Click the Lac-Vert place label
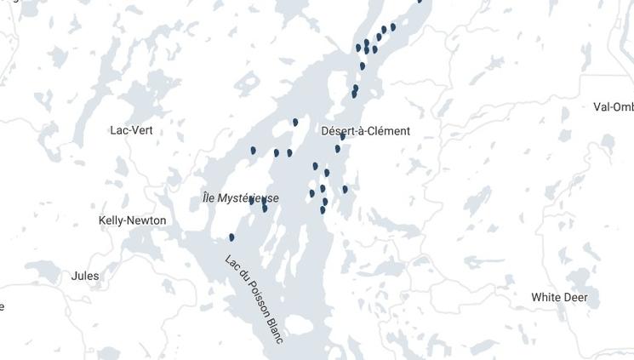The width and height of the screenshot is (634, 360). click(x=131, y=130)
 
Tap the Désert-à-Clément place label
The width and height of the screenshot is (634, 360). click(x=365, y=131)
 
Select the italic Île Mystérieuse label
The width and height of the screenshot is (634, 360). click(x=240, y=198)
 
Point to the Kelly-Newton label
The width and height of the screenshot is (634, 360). click(x=132, y=220)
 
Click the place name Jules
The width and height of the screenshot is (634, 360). click(x=84, y=276)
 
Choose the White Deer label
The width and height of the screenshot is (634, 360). click(x=559, y=297)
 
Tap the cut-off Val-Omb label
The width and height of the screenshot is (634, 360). click(x=613, y=107)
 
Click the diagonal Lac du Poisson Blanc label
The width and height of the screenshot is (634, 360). click(x=254, y=299)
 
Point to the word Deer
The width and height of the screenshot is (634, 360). click(x=574, y=297)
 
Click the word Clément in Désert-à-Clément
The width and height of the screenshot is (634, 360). click(x=389, y=131)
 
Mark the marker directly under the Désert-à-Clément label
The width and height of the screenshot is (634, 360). click(x=338, y=149)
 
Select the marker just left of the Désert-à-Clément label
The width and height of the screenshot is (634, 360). click(x=295, y=123)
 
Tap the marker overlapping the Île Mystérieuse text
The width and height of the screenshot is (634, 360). click(x=252, y=201)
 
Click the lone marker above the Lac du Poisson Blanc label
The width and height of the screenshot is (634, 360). click(x=231, y=237)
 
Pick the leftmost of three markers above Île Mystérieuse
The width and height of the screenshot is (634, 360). click(x=254, y=151)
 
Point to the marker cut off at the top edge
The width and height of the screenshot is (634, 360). click(x=420, y=2)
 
